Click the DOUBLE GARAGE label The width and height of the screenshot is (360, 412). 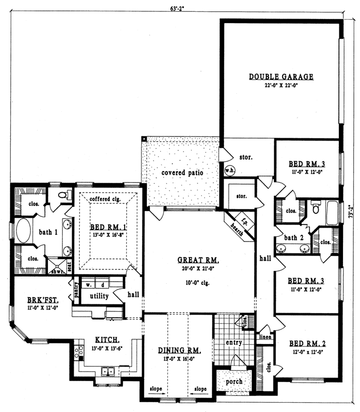(281, 77)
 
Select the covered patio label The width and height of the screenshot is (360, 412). (182, 173)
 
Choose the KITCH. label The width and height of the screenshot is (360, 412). (107, 340)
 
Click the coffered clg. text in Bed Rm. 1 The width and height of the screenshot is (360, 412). (105, 199)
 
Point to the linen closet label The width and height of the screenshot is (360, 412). (266, 337)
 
